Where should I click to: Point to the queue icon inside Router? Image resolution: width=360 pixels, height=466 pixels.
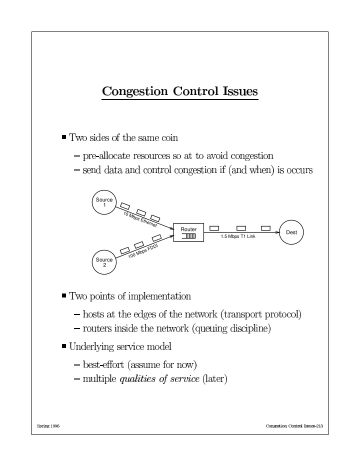tap(189, 236)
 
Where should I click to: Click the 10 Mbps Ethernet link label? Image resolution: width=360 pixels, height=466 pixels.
tap(140, 219)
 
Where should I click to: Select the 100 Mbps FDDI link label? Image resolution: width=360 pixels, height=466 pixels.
tap(143, 251)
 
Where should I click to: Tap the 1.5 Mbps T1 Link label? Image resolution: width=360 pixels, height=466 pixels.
tap(238, 236)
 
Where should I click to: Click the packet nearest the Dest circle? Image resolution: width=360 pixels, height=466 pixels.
tap(265, 228)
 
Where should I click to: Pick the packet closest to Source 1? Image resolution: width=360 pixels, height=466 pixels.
tap(125, 206)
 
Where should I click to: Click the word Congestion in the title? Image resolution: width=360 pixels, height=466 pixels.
tap(135, 91)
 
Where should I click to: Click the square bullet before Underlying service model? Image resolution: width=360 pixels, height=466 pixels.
tap(64, 346)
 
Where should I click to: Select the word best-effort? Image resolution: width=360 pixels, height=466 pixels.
tap(103, 364)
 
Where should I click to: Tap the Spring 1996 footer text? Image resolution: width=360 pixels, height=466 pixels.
tap(48, 426)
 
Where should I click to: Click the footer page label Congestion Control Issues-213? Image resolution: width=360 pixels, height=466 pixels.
tap(294, 426)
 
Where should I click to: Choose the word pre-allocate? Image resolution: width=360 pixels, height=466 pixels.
tap(106, 155)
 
